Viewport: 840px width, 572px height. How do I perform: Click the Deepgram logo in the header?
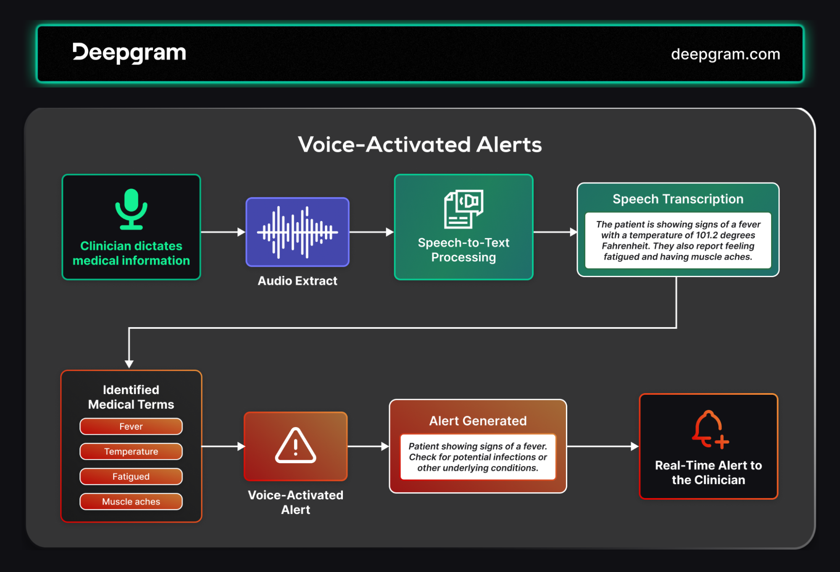[129, 53]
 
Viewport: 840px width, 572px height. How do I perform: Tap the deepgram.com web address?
[725, 54]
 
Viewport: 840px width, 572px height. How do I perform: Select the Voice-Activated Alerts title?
[420, 144]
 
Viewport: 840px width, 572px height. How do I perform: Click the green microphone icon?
[132, 209]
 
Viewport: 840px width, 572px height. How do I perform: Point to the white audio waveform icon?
[298, 232]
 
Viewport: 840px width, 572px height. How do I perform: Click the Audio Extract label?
[298, 281]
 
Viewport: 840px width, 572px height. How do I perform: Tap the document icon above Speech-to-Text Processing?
[463, 209]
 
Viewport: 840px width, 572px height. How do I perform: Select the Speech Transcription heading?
[678, 199]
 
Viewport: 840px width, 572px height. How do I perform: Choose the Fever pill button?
[131, 426]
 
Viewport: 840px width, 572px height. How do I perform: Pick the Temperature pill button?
[131, 451]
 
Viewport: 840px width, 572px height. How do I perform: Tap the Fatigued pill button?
[131, 477]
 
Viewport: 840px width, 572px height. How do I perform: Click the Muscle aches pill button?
[131, 501]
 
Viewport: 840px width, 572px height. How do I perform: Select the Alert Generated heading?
[478, 421]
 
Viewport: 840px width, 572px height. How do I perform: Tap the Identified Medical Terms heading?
[131, 397]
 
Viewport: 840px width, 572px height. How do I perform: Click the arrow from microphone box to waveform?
[223, 232]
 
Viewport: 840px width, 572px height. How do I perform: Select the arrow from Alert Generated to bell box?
[603, 446]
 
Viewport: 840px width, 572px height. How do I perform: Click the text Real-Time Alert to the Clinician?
[708, 472]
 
